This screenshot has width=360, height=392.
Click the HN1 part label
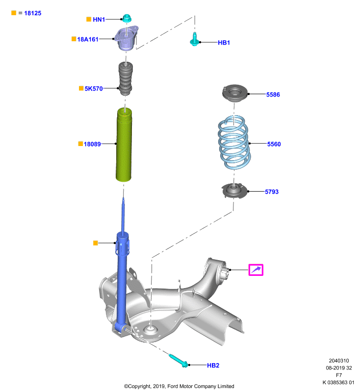(99, 20)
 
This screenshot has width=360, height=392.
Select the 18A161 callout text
(88, 39)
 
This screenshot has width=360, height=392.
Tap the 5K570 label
(94, 89)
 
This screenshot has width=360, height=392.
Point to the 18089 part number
(92, 144)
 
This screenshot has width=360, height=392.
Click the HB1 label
(224, 43)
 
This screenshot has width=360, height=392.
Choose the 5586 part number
(273, 95)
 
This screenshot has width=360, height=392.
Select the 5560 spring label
(274, 144)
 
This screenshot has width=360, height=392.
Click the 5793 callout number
(272, 192)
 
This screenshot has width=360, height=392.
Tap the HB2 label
(213, 365)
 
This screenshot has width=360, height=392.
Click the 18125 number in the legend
(33, 13)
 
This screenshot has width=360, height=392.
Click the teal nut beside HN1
(127, 18)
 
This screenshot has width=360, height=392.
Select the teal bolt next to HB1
(194, 40)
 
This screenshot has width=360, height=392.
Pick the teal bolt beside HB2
(179, 361)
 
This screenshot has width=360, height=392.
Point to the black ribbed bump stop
(126, 78)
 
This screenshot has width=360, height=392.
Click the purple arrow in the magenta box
(256, 270)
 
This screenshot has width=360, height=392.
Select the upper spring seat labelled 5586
(234, 93)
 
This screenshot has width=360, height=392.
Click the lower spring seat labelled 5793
(234, 191)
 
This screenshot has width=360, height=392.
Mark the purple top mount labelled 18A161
(127, 39)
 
